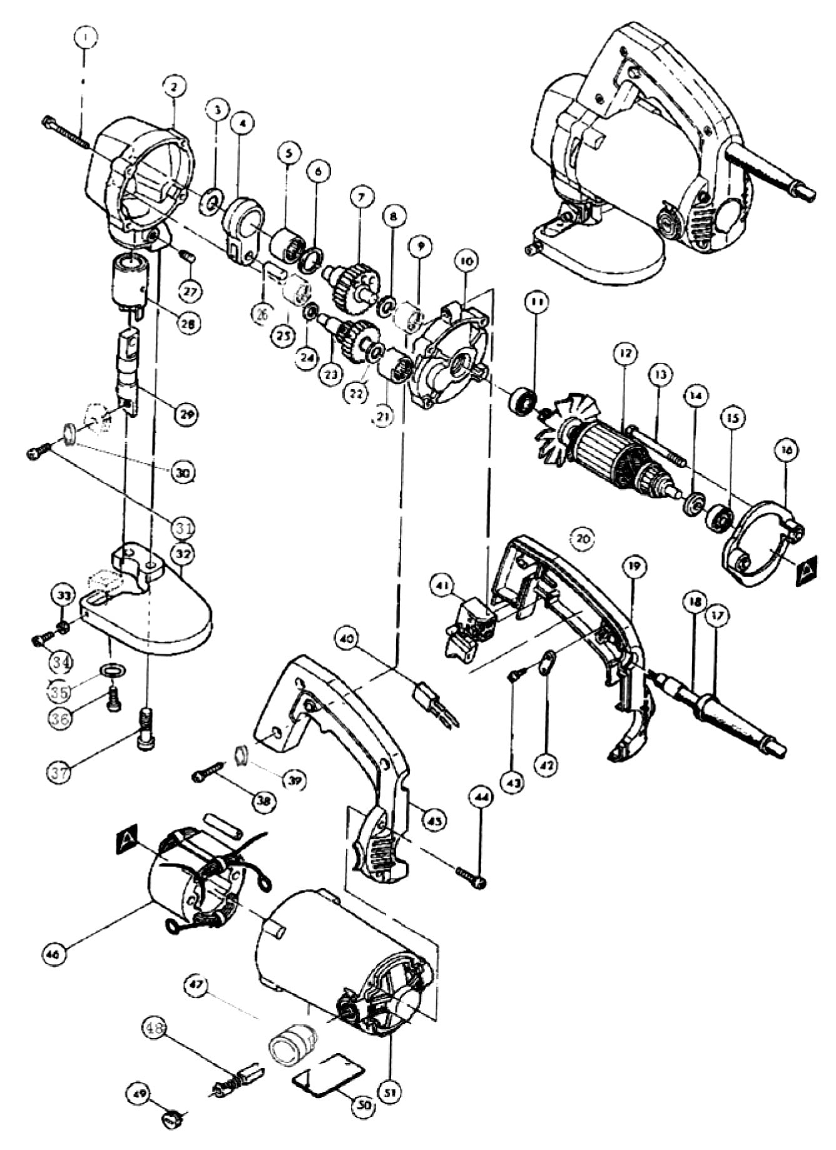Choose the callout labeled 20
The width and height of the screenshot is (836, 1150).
tap(583, 538)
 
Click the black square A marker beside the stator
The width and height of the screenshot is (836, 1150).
tap(127, 838)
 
